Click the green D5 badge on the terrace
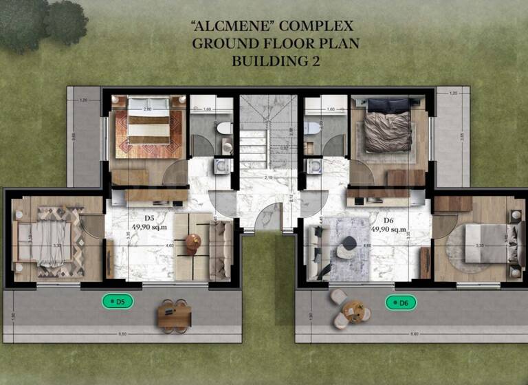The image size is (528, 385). [x=118, y=301]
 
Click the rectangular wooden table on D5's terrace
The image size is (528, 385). [x=174, y=316]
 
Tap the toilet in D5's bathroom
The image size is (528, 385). [x=225, y=128]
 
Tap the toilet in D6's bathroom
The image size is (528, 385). [x=312, y=128]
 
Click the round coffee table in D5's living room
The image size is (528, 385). [x=193, y=241]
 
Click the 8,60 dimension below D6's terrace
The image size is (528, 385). [x=413, y=334]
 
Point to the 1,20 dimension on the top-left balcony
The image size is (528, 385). [x=84, y=101]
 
